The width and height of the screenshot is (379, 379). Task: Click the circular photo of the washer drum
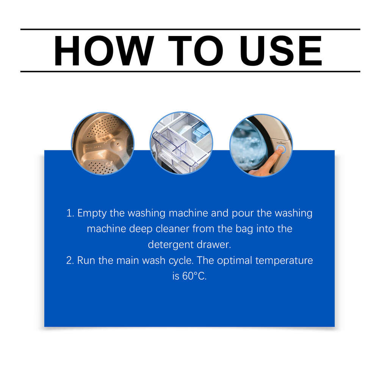(x=103, y=144)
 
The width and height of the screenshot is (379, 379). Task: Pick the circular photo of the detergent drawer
(x=181, y=144)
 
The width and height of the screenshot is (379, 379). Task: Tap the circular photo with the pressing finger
(x=261, y=145)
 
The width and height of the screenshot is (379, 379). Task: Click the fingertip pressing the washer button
(x=279, y=150)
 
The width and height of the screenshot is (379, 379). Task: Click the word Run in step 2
(x=85, y=260)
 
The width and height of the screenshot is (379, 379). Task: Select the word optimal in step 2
(x=239, y=260)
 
